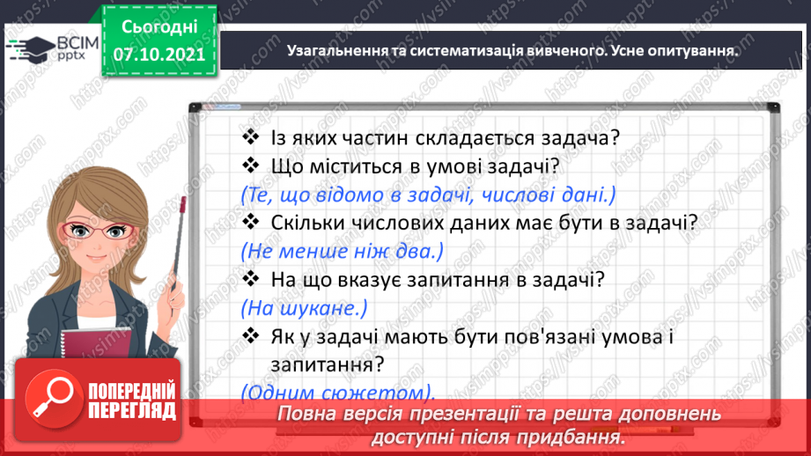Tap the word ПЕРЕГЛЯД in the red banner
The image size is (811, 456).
(130, 410)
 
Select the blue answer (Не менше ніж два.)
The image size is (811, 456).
(343, 251)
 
